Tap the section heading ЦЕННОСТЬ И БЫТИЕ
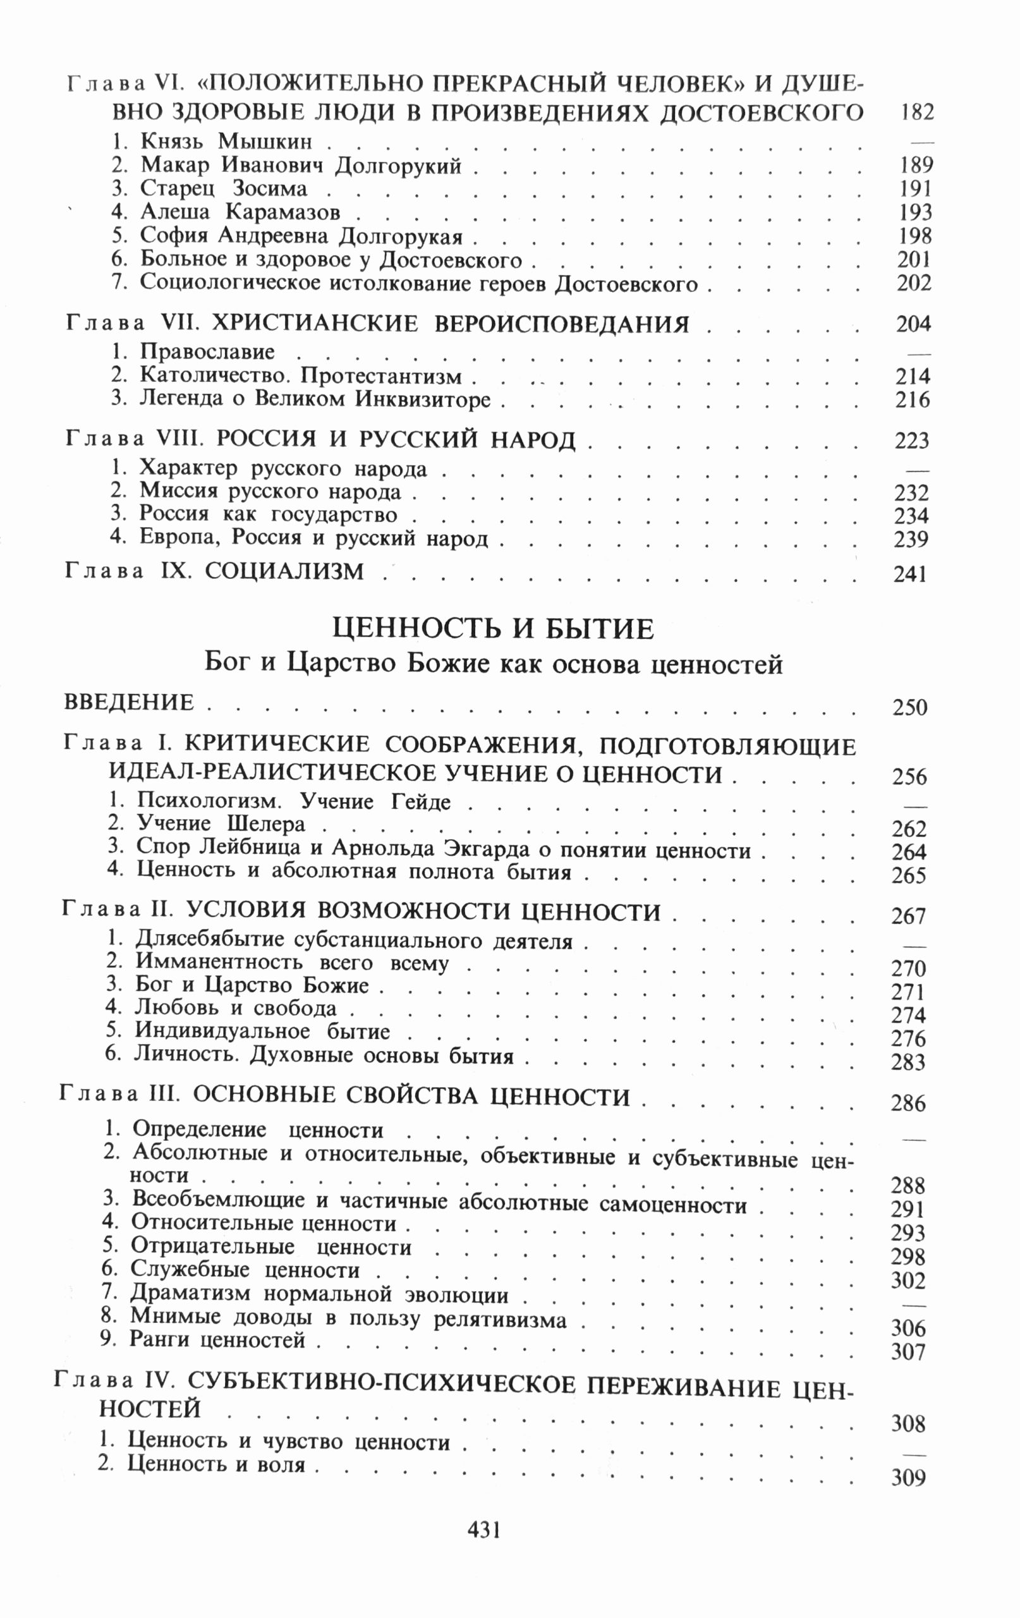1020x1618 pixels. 493,630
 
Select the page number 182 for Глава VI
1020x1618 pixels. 916,113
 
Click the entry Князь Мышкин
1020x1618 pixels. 226,142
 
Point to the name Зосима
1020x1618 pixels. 269,189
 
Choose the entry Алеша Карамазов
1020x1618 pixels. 240,212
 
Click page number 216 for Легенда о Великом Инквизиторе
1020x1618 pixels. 913,401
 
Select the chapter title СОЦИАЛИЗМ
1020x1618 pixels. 284,572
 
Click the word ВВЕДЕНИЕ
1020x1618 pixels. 128,703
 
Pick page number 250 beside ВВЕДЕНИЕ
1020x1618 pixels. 910,707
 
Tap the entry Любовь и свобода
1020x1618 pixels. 236,1009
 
